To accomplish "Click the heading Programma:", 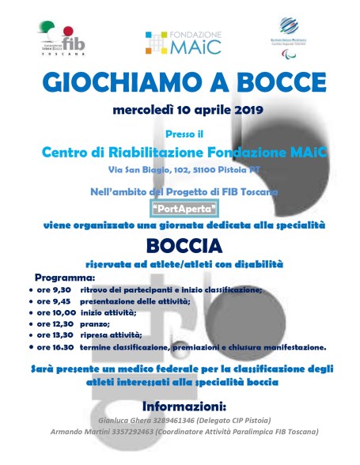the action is click(x=65, y=278).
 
